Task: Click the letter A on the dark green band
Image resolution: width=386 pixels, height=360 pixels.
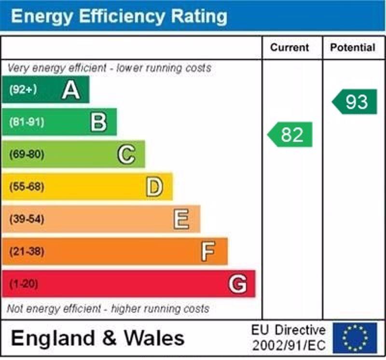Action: (71, 90)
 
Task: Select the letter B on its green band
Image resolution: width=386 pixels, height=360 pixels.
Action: (98, 122)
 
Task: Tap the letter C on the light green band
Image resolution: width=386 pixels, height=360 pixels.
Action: (126, 154)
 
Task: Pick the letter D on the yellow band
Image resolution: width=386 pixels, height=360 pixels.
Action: (154, 187)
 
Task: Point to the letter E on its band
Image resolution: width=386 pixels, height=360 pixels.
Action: (181, 219)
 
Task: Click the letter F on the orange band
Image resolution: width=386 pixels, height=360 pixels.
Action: (208, 251)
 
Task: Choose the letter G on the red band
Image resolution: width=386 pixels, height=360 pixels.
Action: (237, 284)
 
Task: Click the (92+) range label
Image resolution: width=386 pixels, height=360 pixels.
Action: (23, 90)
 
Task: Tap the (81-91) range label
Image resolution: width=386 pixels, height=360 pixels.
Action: (26, 122)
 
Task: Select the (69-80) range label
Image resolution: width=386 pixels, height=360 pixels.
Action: (26, 154)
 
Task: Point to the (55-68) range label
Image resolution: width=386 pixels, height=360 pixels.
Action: (26, 187)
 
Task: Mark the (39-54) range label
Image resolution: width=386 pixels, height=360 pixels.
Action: (26, 219)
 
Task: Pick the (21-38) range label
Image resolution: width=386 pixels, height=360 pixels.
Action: (26, 251)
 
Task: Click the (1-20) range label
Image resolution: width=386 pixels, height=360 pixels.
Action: (23, 284)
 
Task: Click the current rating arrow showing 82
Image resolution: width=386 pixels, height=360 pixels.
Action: (290, 135)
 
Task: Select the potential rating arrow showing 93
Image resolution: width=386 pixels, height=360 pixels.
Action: (355, 102)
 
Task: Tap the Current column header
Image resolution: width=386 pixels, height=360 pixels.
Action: (289, 48)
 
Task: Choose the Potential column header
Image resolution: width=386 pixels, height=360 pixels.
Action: (353, 48)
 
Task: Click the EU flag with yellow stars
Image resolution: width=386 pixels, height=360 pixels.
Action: (355, 338)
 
